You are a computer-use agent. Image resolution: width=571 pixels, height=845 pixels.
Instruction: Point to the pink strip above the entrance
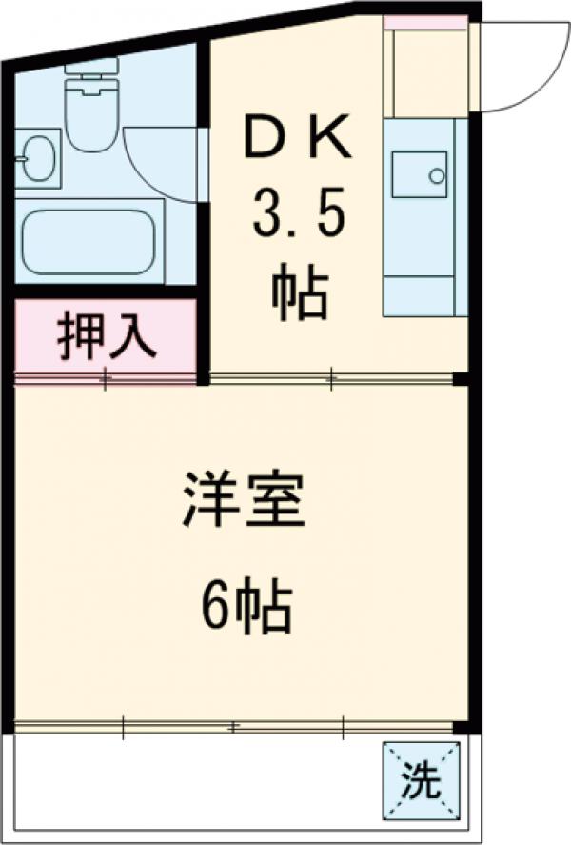(x=425, y=21)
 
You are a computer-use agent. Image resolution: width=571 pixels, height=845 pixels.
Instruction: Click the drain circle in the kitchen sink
(x=437, y=176)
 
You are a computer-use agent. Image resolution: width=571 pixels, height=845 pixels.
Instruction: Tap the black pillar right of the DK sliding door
(x=462, y=380)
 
